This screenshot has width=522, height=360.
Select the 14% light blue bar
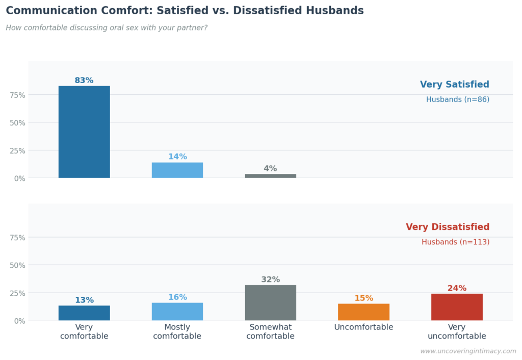tap(177, 170)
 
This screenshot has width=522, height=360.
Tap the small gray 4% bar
tap(270, 176)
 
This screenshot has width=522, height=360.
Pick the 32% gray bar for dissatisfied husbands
tap(270, 302)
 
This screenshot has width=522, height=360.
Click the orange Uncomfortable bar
tap(363, 312)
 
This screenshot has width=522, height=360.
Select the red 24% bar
tap(457, 307)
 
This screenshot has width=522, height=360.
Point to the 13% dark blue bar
tap(84, 313)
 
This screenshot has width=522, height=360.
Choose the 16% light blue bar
tap(177, 312)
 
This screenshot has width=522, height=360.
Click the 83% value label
tap(84, 81)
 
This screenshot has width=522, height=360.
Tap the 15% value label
tap(363, 298)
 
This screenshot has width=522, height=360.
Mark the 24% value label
tap(457, 288)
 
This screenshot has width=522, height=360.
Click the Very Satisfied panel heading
tap(454, 85)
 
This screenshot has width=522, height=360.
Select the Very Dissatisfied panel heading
tap(447, 227)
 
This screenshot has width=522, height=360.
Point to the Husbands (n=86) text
tap(457, 99)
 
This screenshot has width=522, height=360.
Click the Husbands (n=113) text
tap(455, 242)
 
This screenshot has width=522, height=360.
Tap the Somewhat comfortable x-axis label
tap(270, 331)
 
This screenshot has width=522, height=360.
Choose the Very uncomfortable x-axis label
tap(457, 331)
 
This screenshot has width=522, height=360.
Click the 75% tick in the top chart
tap(17, 95)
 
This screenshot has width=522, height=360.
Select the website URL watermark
tap(468, 351)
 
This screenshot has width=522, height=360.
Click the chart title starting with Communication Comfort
tap(185, 11)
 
